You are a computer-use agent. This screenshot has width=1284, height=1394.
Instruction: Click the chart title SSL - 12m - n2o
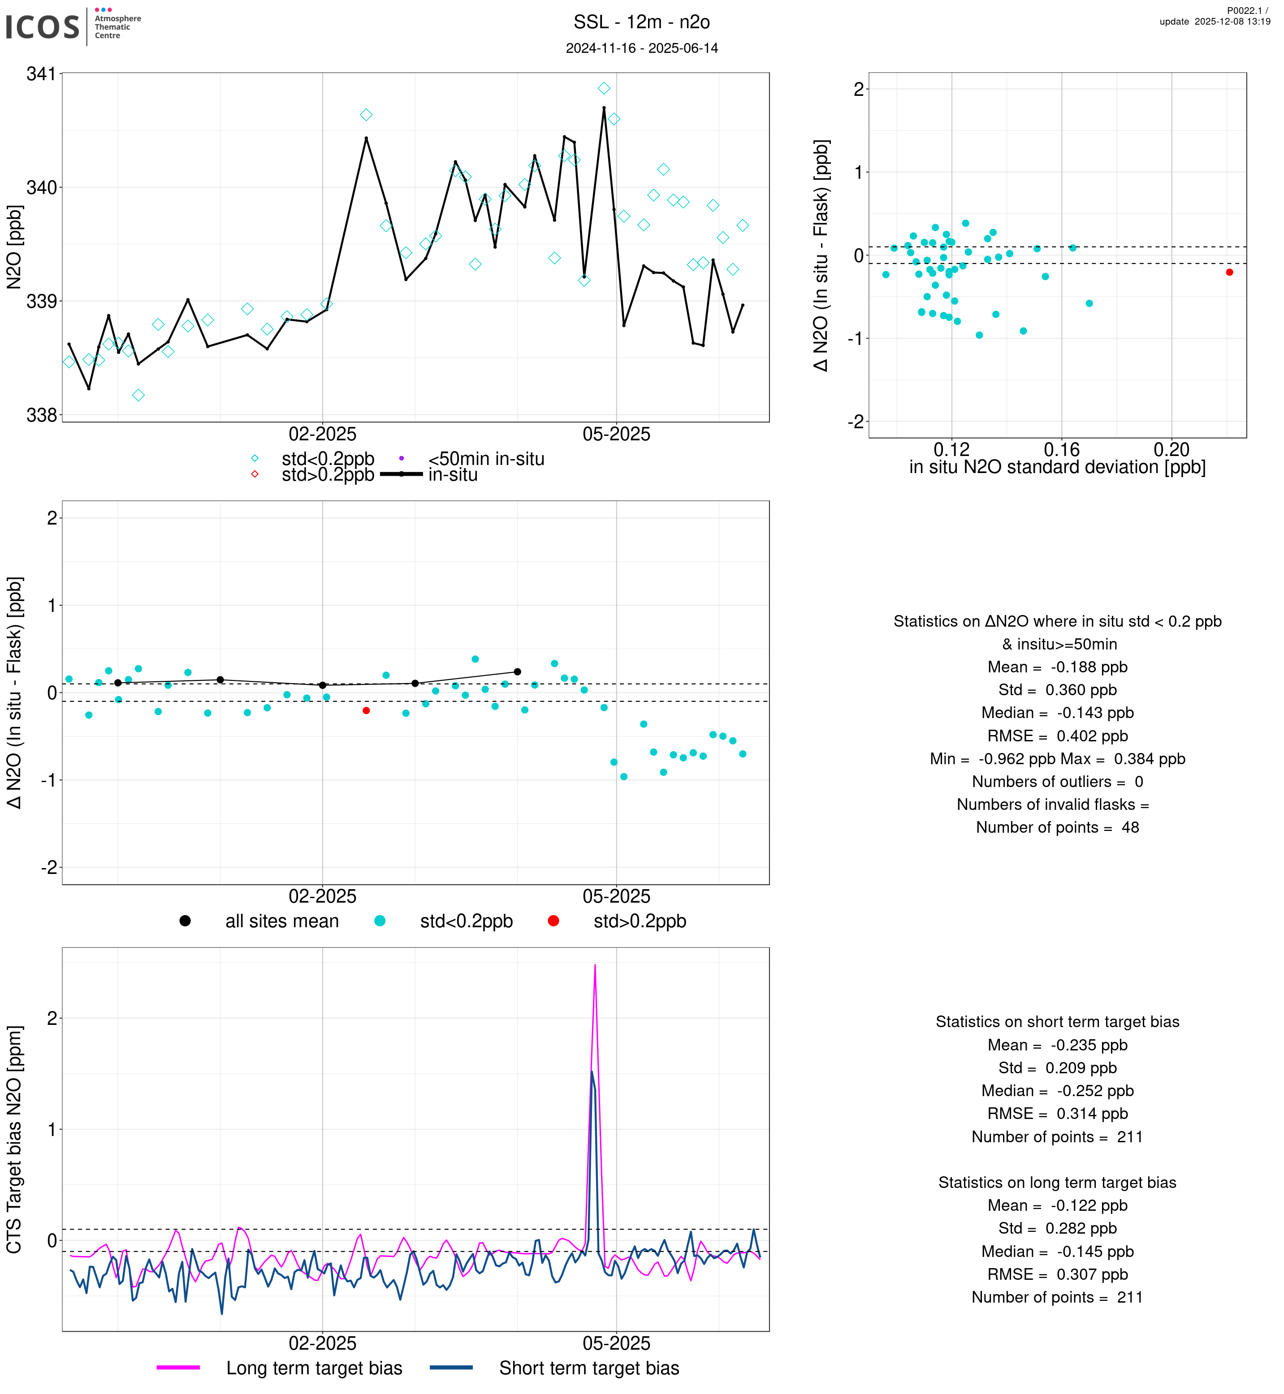coord(641,22)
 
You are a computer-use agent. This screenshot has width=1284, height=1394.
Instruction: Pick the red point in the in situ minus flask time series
coord(366,710)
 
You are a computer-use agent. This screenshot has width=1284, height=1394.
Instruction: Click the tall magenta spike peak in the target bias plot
coord(595,965)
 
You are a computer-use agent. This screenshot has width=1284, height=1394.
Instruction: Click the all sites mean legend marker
coord(185,921)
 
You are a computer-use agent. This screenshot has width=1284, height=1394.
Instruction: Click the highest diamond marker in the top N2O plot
coord(604,88)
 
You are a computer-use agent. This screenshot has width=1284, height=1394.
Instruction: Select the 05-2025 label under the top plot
coord(616,435)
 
